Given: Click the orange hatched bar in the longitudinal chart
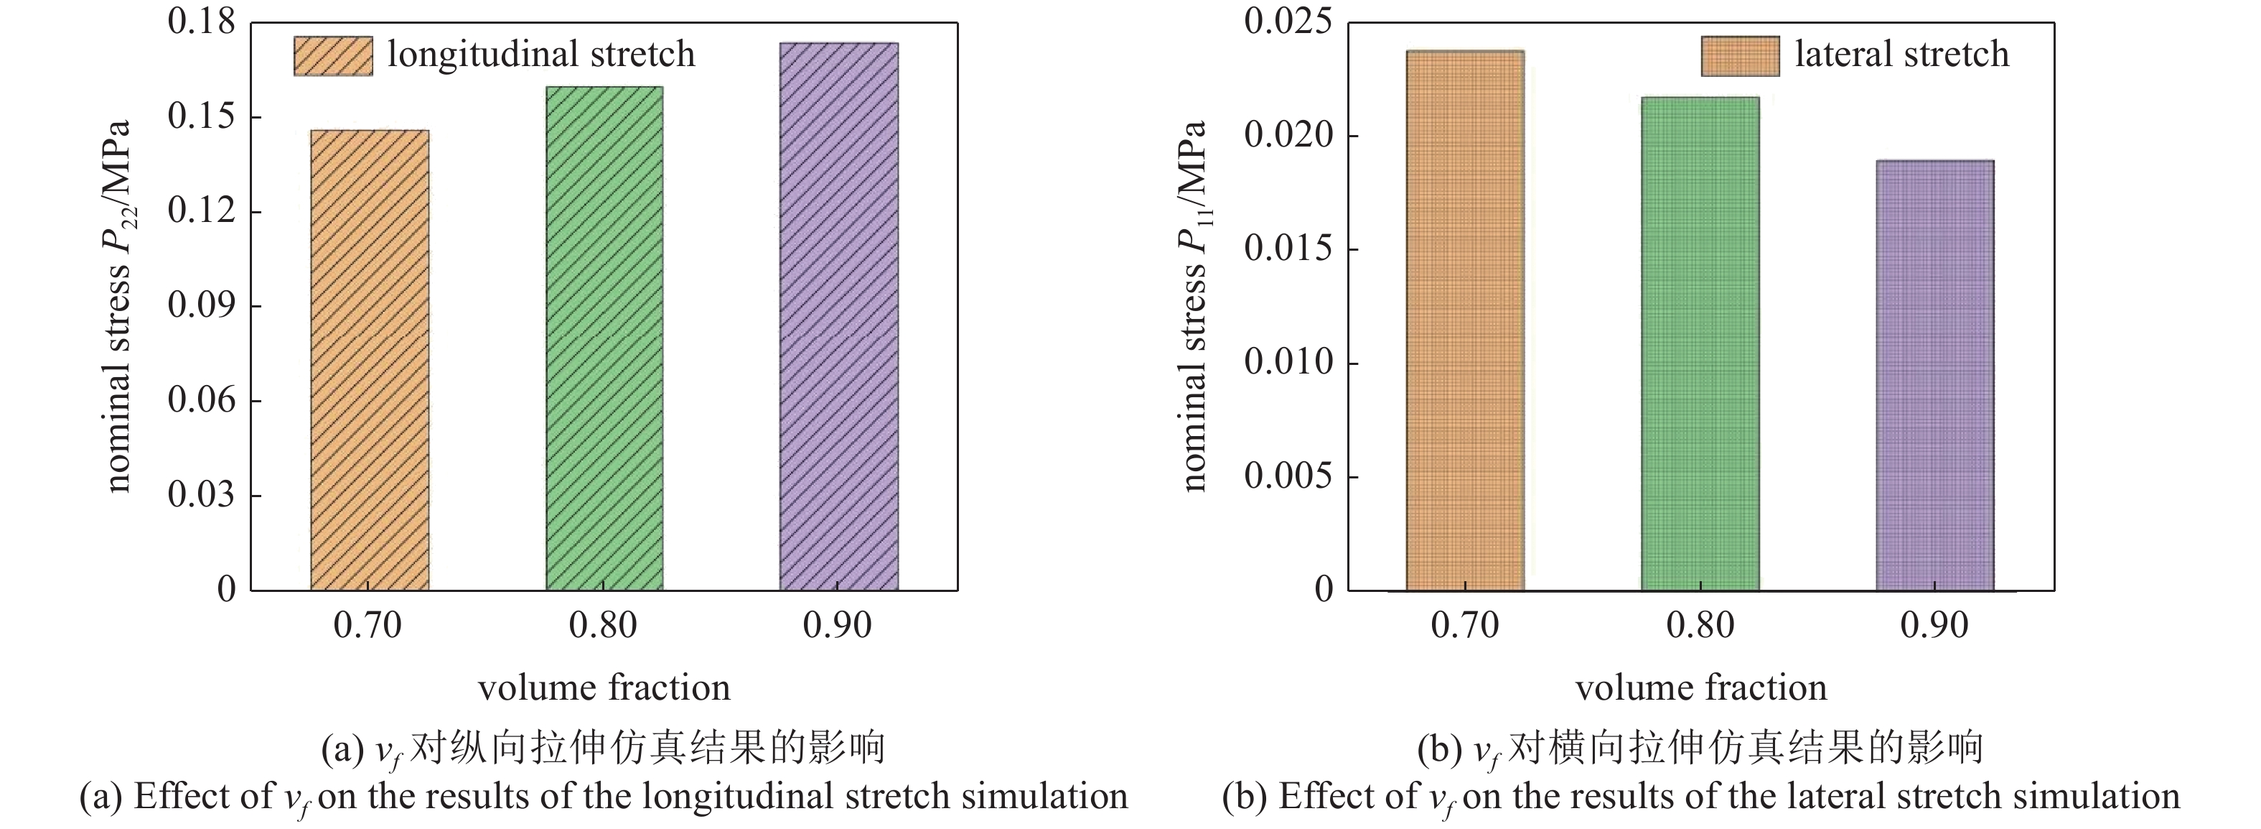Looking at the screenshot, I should pyautogui.click(x=370, y=360).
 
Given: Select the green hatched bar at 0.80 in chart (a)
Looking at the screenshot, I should pyautogui.click(x=604, y=338).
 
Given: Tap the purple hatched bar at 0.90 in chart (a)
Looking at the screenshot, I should pyautogui.click(x=838, y=316).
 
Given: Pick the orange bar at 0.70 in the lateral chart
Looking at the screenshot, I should pyautogui.click(x=1465, y=320).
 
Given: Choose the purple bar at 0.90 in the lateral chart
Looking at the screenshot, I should pyautogui.click(x=1934, y=375).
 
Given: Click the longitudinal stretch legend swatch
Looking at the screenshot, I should pyautogui.click(x=332, y=55).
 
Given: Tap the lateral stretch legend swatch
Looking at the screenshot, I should pyautogui.click(x=1740, y=55).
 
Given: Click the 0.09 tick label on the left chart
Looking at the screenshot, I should pyautogui.click(x=201, y=305).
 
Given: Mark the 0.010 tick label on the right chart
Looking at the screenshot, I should pyautogui.click(x=1287, y=362).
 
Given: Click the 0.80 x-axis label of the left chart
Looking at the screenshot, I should pyautogui.click(x=602, y=625).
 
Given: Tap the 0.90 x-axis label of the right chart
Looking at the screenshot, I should pyautogui.click(x=1934, y=625).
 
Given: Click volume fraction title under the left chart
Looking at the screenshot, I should pyautogui.click(x=604, y=687).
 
